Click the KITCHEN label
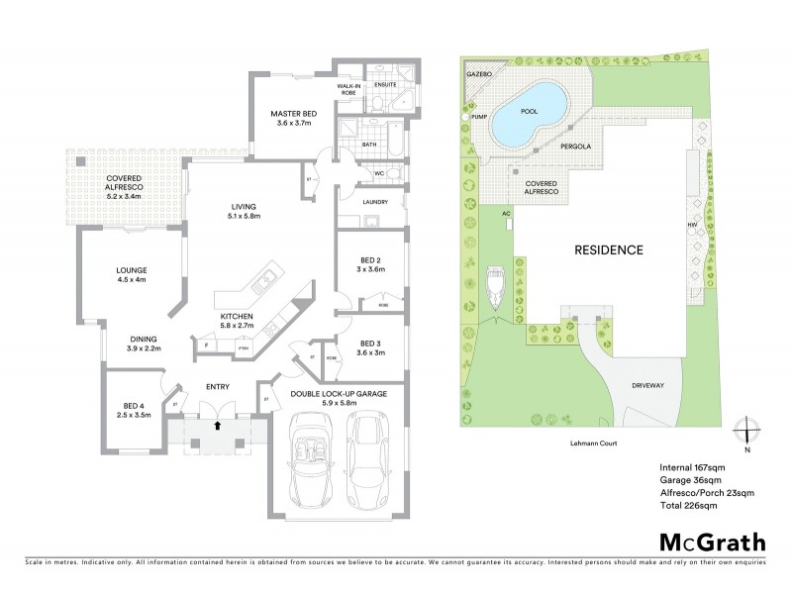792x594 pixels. (x=238, y=317)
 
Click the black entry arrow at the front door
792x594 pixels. (x=218, y=426)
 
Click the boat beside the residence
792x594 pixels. (x=494, y=285)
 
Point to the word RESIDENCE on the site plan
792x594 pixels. (x=609, y=250)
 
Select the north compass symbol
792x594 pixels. (x=748, y=434)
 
